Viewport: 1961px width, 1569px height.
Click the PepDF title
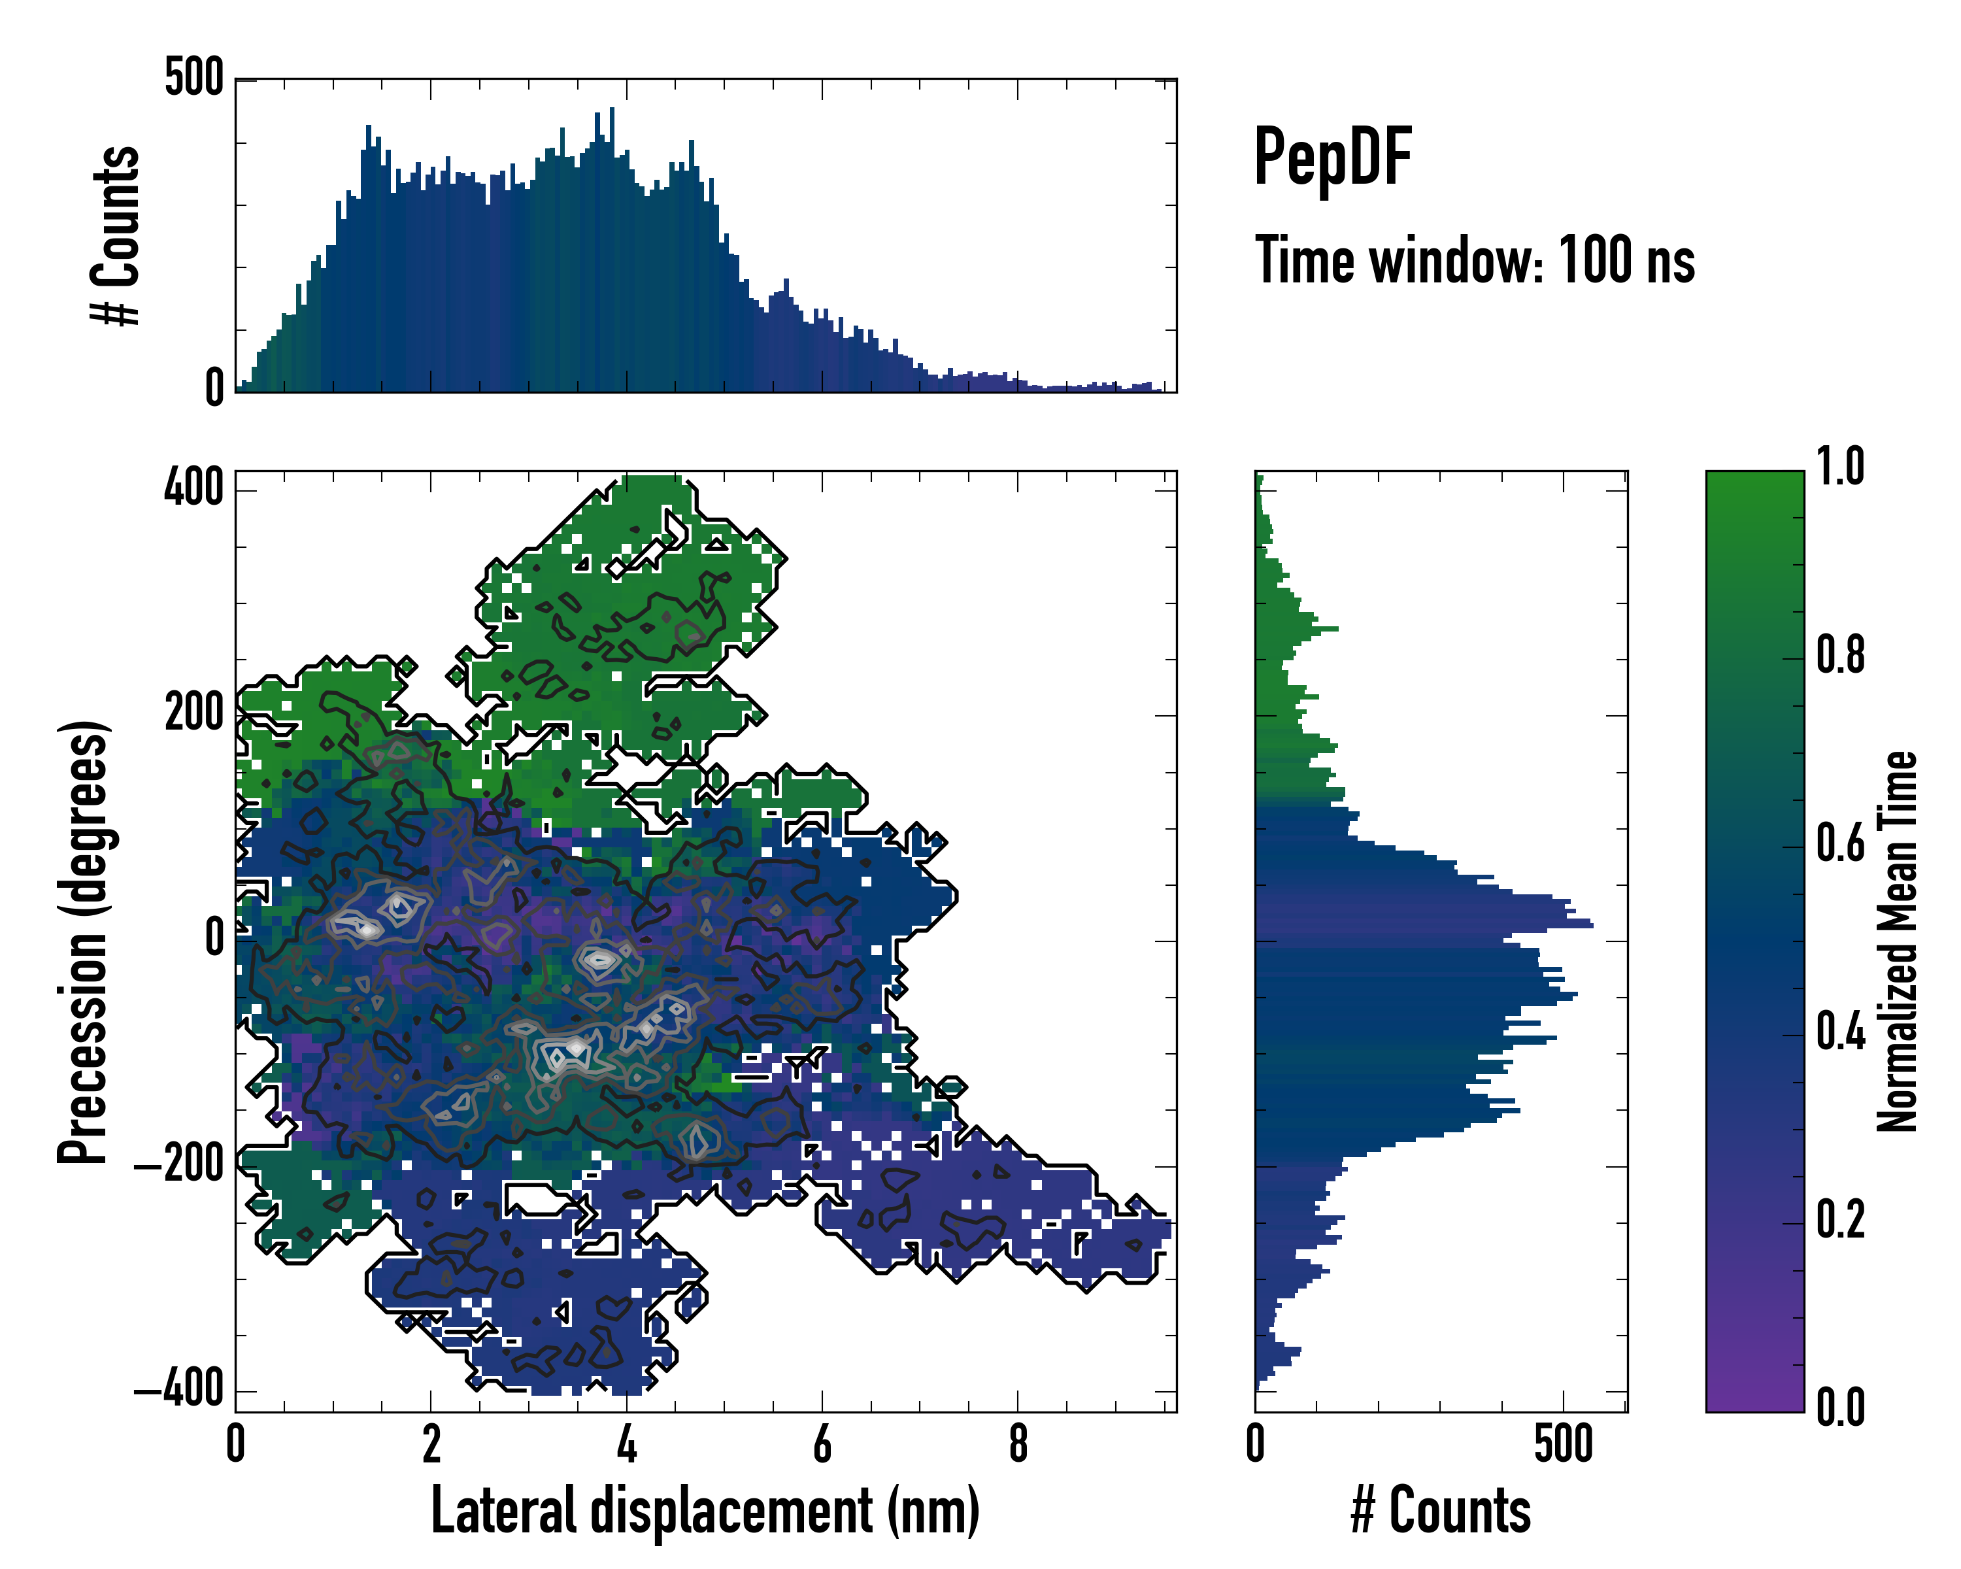(x=1332, y=158)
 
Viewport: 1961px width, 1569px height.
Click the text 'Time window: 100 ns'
(x=1475, y=261)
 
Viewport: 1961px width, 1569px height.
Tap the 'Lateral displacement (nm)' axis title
(x=705, y=1511)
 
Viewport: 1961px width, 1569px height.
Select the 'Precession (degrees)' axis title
(x=84, y=941)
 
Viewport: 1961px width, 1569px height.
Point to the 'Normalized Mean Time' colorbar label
(x=1898, y=941)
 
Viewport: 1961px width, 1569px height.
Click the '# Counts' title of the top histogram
(x=116, y=235)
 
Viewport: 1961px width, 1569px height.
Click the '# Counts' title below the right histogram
(x=1441, y=1511)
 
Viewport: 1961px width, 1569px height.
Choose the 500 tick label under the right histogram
(x=1564, y=1444)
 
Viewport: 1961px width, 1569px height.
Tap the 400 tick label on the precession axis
(x=193, y=490)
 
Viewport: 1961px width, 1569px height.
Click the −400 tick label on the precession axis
(x=179, y=1389)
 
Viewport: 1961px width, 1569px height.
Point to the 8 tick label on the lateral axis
(x=1018, y=1444)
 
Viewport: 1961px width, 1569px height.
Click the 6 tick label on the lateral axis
(x=822, y=1444)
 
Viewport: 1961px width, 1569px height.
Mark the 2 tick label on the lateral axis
(x=431, y=1444)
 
